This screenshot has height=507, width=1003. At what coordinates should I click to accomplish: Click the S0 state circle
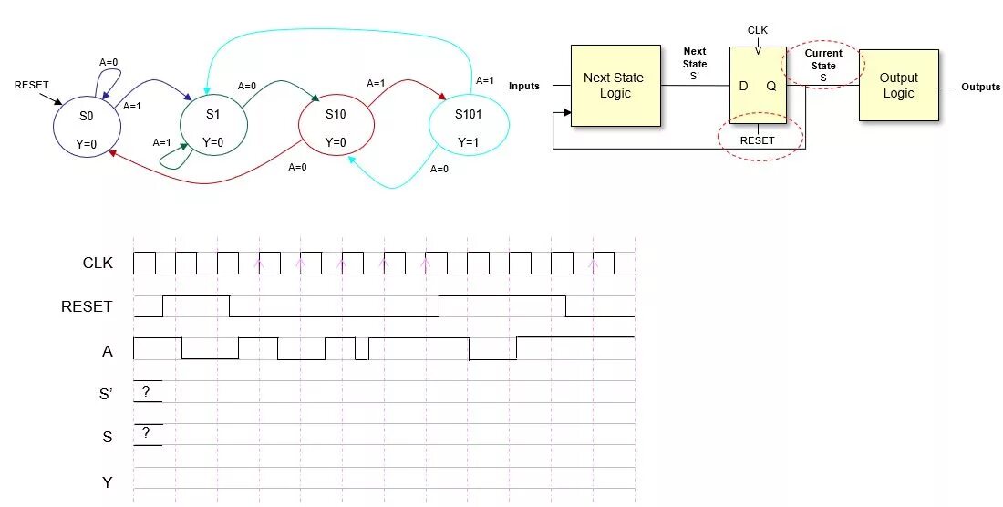pos(86,129)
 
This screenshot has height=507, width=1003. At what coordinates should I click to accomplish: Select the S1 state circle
pos(212,128)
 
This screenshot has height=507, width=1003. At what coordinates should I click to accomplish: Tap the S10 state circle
pos(336,127)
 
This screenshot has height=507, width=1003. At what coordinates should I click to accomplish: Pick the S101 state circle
pos(468,128)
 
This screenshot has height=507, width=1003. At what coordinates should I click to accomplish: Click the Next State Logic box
pos(615,86)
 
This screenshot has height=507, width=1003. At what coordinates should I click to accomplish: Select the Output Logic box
pos(898,86)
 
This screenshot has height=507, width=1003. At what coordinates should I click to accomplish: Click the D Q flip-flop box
pos(757,86)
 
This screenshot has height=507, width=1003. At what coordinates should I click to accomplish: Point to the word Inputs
pos(524,87)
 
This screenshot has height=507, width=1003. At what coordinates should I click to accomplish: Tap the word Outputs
pos(980,88)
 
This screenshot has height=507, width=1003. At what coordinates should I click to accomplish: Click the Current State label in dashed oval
pos(822,66)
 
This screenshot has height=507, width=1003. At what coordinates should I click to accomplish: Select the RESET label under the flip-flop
pos(757,140)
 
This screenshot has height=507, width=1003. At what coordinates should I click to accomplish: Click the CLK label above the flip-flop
pos(758,30)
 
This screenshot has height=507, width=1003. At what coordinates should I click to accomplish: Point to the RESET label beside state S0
pos(31,85)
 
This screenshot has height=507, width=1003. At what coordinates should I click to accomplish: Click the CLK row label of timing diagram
pos(98,263)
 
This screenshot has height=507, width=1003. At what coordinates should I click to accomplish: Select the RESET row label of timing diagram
pos(87,306)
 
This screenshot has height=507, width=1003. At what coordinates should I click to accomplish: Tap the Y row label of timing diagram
pos(108,481)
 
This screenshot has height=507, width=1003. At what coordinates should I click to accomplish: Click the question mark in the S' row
pos(146,390)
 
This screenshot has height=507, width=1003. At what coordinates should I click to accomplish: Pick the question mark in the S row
pos(146,432)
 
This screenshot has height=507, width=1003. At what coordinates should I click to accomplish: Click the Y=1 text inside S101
pos(468,142)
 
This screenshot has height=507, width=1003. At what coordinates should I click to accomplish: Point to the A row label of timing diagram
pos(108,350)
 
